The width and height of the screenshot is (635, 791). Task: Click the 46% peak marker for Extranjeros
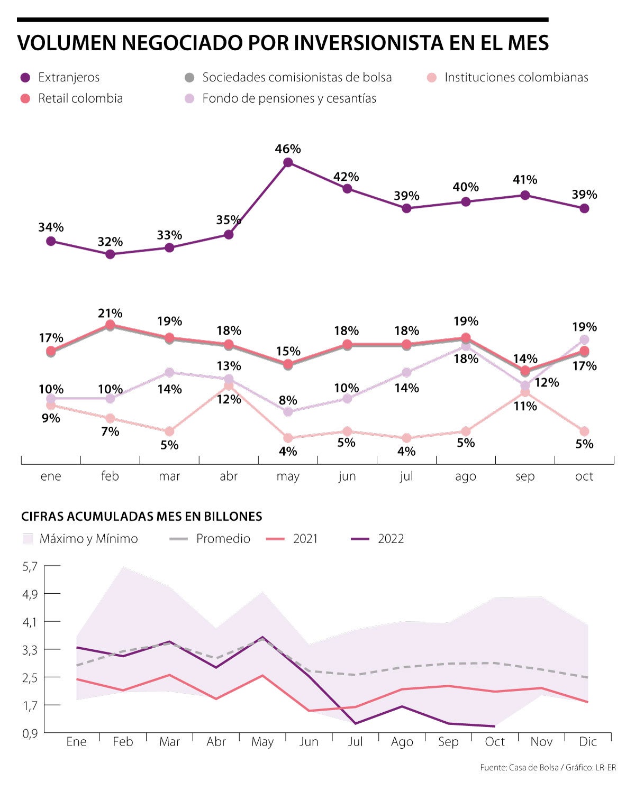click(x=288, y=163)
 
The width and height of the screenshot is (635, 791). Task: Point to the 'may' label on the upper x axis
click(x=288, y=476)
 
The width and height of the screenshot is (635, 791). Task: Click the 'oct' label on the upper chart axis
click(x=584, y=476)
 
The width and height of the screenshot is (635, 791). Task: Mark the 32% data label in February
click(x=110, y=242)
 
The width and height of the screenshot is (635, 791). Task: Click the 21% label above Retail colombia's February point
click(x=110, y=314)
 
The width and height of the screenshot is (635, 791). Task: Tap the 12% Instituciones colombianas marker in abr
click(x=229, y=386)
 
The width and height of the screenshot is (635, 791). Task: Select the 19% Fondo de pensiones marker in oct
click(x=584, y=339)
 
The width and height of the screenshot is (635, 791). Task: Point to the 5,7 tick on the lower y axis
click(x=30, y=567)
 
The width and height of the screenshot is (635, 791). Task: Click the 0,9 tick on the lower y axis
click(x=30, y=733)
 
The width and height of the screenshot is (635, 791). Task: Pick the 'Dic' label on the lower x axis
click(x=588, y=742)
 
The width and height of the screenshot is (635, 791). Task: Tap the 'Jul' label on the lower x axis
click(x=355, y=742)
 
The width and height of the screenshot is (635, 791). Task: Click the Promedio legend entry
click(x=223, y=539)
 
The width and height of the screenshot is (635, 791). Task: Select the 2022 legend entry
click(x=391, y=539)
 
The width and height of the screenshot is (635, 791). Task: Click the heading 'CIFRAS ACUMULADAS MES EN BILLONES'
click(x=142, y=517)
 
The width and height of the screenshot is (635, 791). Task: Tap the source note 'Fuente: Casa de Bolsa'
click(x=519, y=767)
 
